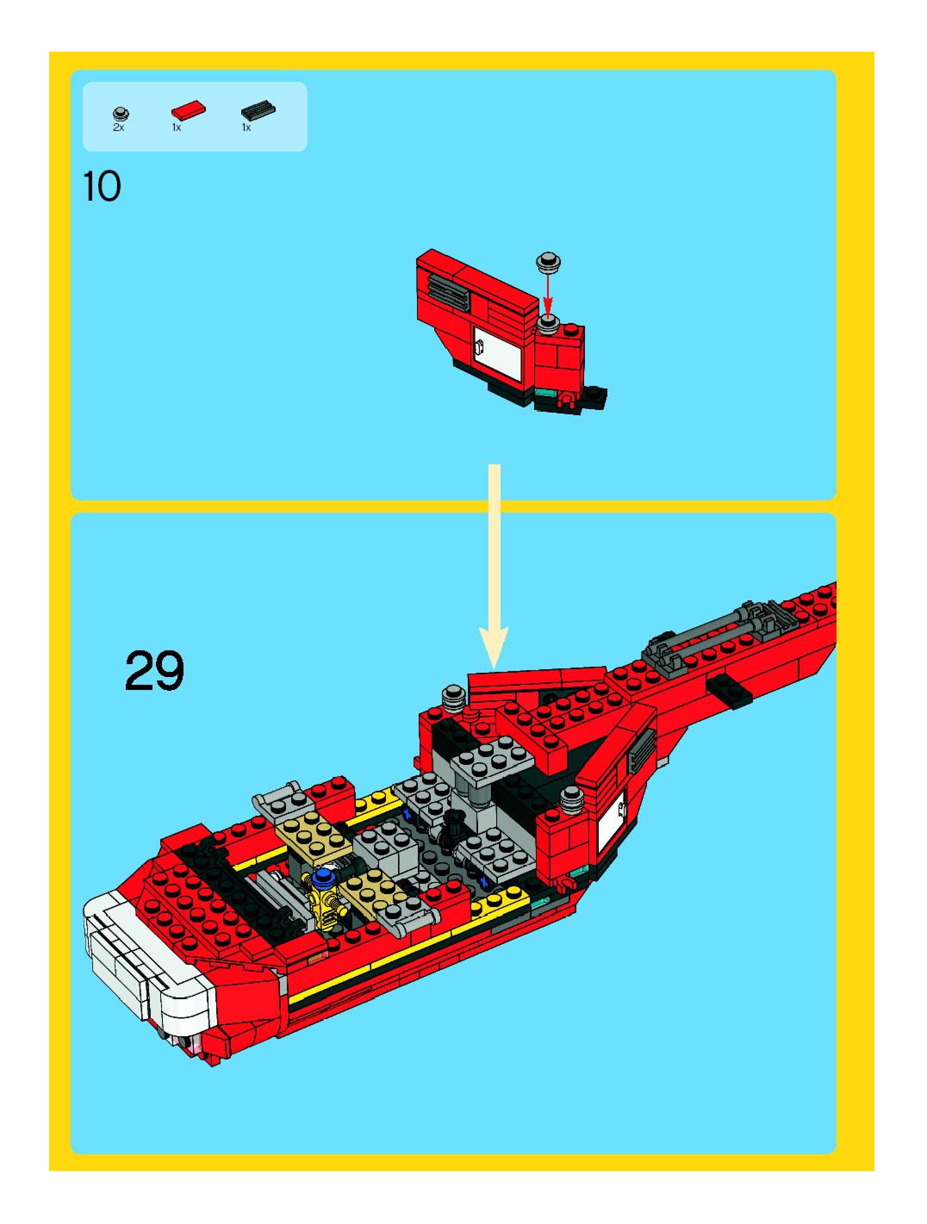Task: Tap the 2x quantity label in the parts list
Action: [118, 128]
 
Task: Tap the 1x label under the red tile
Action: [177, 128]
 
